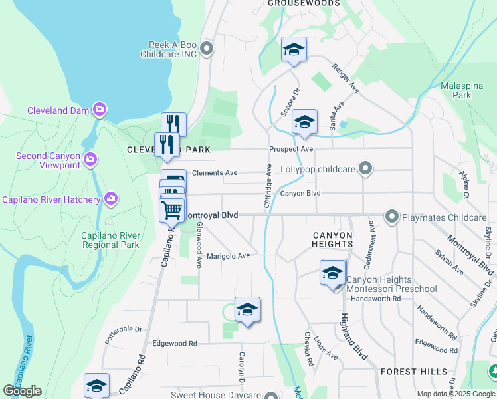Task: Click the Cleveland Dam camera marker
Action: pyautogui.click(x=100, y=108)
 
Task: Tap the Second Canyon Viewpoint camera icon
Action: pyautogui.click(x=91, y=159)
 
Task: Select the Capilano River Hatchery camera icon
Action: pyautogui.click(x=111, y=198)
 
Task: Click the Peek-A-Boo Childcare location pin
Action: pyautogui.click(x=207, y=48)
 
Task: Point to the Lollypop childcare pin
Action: pyautogui.click(x=365, y=169)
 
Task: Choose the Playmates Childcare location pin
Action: pyautogui.click(x=391, y=217)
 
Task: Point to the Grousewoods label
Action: pyautogui.click(x=304, y=3)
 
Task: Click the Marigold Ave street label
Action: pyautogui.click(x=228, y=255)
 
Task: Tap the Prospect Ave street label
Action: pyautogui.click(x=290, y=149)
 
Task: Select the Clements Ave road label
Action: pyautogui.click(x=214, y=173)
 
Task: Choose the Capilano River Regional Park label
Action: pyautogui.click(x=110, y=240)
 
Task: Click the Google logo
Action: pyautogui.click(x=22, y=391)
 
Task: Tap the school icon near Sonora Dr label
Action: pyautogui.click(x=304, y=122)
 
